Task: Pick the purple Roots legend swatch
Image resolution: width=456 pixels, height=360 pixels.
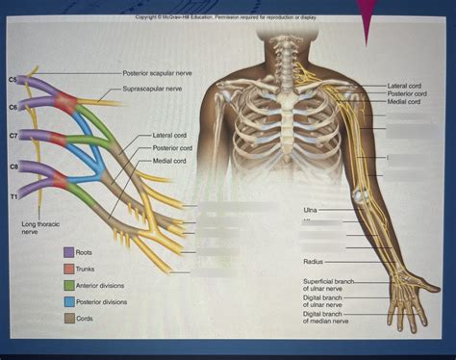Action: [x=69, y=252]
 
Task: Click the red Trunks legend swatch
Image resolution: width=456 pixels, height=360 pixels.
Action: [x=69, y=269]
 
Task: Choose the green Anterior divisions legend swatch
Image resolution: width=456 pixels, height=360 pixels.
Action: [x=69, y=285]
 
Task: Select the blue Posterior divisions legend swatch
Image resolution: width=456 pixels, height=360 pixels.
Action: [x=69, y=301]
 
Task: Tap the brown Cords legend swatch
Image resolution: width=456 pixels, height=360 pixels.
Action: [x=69, y=318]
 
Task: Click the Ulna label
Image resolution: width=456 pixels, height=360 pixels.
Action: [x=310, y=209]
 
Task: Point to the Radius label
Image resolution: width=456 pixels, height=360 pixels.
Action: [x=313, y=261]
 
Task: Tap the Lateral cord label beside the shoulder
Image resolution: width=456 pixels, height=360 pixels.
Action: [x=404, y=86]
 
